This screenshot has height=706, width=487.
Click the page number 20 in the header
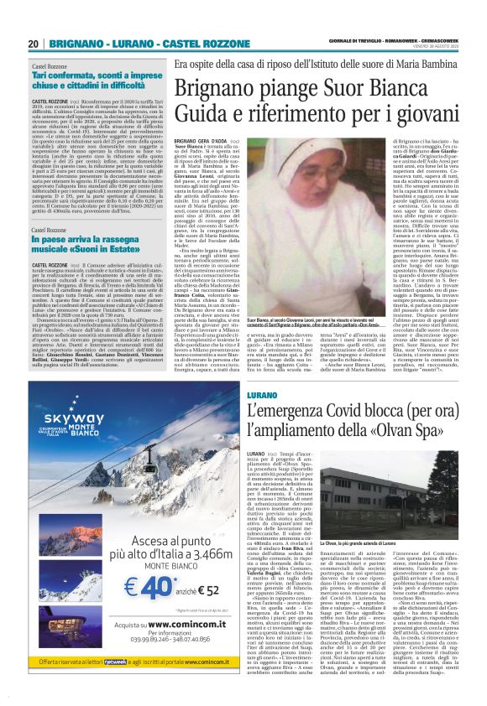tap(33, 44)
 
